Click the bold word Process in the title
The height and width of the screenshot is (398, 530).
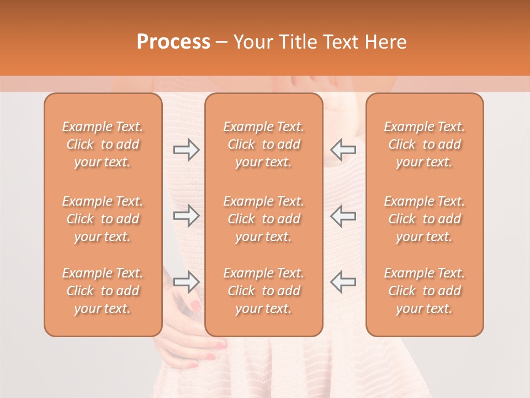coord(173,42)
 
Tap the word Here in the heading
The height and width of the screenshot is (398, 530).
coord(386,42)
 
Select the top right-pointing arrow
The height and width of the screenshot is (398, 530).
coord(186,149)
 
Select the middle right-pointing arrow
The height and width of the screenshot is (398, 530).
coord(186,216)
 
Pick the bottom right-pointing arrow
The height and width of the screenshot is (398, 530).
coord(186,282)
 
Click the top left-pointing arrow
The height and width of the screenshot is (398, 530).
coord(343,149)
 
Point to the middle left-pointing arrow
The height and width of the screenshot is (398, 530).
coord(343,216)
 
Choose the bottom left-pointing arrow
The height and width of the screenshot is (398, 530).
coord(343,282)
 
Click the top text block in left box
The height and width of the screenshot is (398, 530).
coord(103,144)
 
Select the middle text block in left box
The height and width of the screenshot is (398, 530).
coord(103,219)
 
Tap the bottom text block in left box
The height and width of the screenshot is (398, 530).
coord(103,291)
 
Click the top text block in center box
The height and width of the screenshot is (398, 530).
coord(264,144)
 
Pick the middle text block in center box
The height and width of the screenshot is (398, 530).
coord(264,219)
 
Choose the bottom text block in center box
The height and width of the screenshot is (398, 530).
coord(264,291)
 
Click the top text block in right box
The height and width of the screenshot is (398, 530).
coord(425,144)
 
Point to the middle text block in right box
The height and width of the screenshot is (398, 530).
coord(425,219)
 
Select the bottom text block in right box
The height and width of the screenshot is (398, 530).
coord(425,291)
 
